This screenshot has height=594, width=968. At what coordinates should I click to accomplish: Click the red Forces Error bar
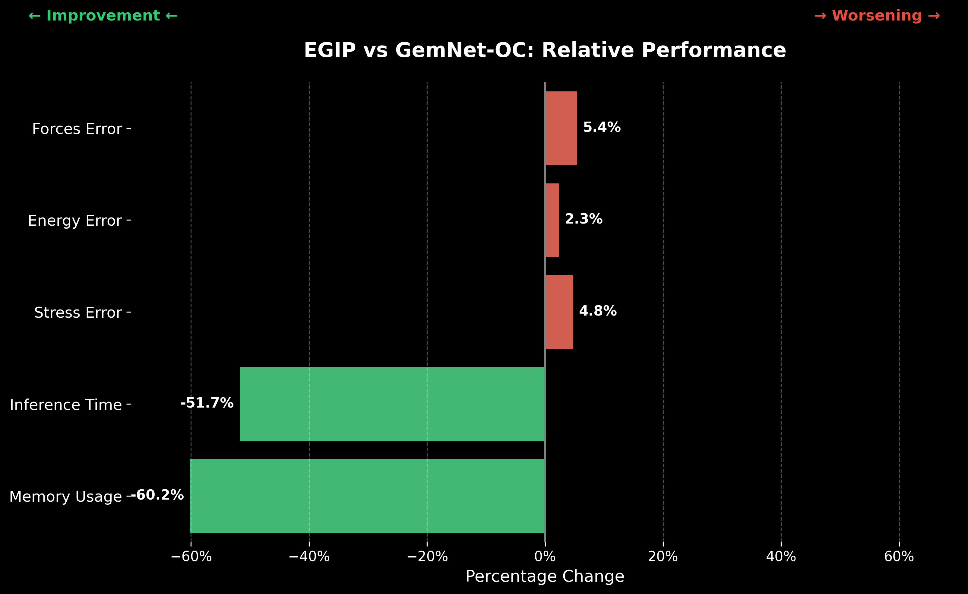561,128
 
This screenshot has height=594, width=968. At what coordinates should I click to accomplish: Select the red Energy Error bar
552,220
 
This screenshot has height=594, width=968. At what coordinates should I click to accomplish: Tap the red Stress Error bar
559,312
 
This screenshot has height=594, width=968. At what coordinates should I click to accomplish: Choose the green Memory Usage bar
367,496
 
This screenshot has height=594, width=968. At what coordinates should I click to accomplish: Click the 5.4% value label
602,127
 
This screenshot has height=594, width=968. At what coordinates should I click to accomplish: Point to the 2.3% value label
584,219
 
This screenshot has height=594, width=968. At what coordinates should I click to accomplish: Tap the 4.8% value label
597,311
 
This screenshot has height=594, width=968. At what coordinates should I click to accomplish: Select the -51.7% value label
207,403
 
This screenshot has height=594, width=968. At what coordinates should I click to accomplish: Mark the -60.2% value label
157,495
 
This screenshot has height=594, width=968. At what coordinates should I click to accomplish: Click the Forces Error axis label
77,129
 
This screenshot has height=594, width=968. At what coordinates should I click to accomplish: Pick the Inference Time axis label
66,405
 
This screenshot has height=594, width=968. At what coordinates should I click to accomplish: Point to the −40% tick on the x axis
309,557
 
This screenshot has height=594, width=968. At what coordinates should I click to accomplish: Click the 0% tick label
545,557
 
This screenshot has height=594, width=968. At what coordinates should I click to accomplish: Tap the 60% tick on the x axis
899,557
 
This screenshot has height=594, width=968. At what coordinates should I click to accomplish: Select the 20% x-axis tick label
663,557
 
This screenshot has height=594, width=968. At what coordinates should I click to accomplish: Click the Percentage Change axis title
545,576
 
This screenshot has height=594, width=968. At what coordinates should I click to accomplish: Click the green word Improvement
103,16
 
